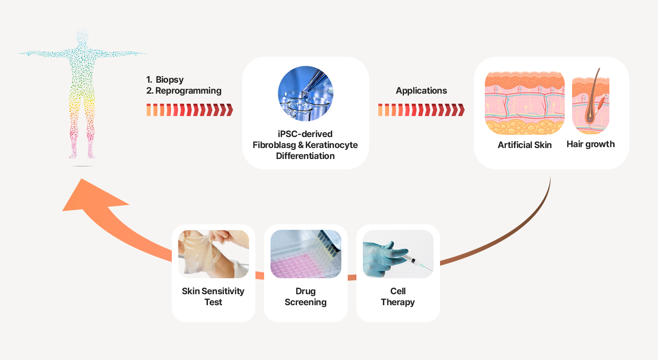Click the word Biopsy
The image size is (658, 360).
click(170, 80)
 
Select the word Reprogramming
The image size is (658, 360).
click(188, 91)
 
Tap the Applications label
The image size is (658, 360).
click(421, 91)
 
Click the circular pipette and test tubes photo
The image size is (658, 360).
click(306, 93)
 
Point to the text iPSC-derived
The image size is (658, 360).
click(305, 134)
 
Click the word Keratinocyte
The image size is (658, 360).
click(331, 145)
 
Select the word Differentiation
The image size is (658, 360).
click(305, 156)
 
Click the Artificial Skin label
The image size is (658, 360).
click(525, 145)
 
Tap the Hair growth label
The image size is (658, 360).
click(590, 144)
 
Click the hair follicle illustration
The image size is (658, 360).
click(591, 101)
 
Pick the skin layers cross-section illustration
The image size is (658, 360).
click(525, 103)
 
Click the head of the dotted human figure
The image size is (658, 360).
click(82, 36)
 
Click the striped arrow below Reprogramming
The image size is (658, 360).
click(190, 110)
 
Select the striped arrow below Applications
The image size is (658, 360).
click(421, 110)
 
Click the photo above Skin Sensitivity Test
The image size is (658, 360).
click(213, 254)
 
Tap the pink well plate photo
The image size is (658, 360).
click(306, 254)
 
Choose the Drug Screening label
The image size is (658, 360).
click(306, 296)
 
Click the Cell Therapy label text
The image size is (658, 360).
click(398, 296)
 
